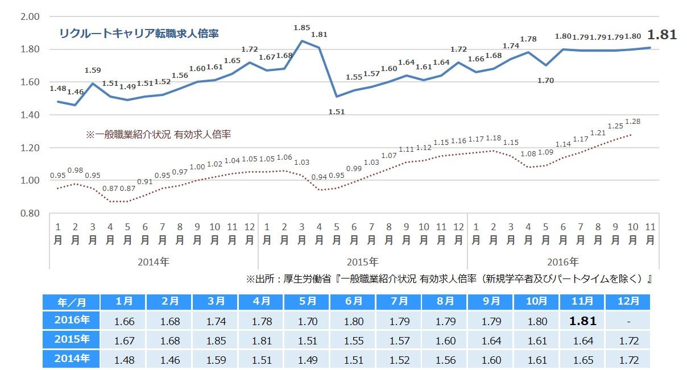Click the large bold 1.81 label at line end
pyautogui.click(x=662, y=35)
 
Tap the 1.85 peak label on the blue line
pyautogui.click(x=301, y=27)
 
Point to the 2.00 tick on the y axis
pyautogui.click(x=29, y=16)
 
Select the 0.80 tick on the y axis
pyautogui.click(x=29, y=213)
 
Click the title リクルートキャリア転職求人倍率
pyautogui.click(x=139, y=34)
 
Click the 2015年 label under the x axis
pyautogui.click(x=362, y=262)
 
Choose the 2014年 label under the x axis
pyautogui.click(x=154, y=262)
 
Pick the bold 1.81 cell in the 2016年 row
pyautogui.click(x=582, y=321)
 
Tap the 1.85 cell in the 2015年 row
pyautogui.click(x=216, y=340)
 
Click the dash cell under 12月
pyautogui.click(x=628, y=321)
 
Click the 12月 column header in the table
pyautogui.click(x=628, y=301)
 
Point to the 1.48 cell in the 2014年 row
pyautogui.click(x=123, y=360)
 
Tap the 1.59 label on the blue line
pyautogui.click(x=93, y=70)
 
